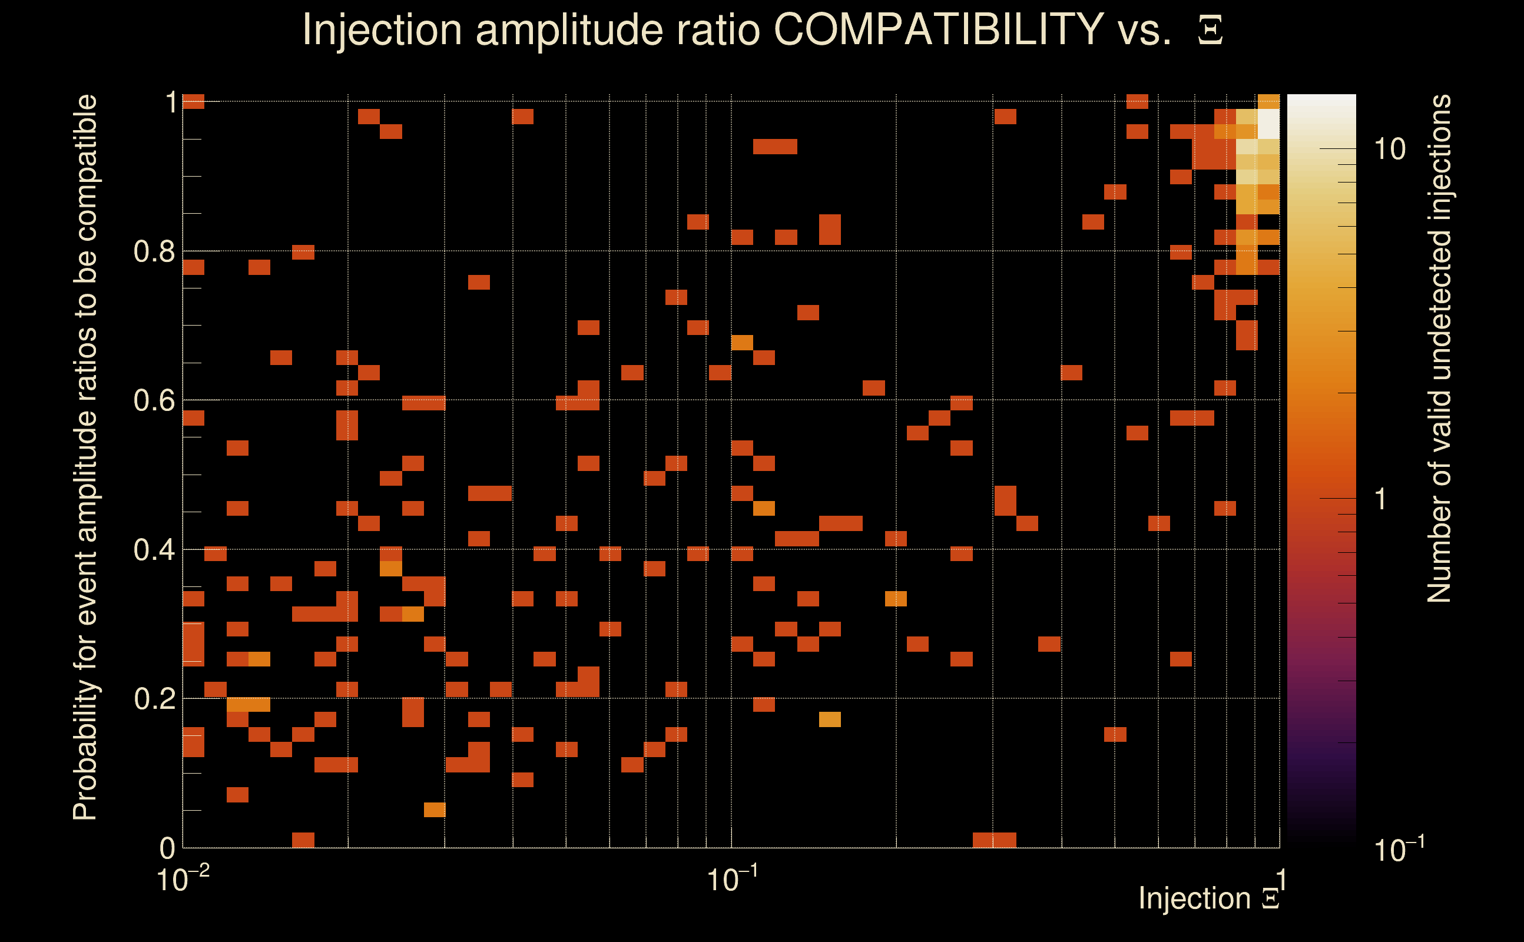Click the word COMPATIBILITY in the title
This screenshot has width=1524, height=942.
pos(938,29)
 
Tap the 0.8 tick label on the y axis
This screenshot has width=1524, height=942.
pos(154,252)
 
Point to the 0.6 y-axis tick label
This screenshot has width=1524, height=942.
pos(154,400)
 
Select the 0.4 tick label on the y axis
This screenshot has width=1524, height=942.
pos(154,550)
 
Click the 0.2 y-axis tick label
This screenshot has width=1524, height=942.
pos(154,699)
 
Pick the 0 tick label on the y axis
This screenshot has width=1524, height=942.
pos(167,848)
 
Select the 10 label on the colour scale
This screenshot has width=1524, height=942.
pos(1389,150)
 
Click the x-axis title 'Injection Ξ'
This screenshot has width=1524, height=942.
pos(1209,898)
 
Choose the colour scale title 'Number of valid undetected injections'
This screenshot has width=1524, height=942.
pos(1439,349)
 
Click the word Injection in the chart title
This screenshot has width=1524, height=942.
pos(382,29)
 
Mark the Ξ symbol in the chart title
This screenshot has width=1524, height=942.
pos(1210,31)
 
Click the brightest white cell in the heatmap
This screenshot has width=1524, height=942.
pos(1268,124)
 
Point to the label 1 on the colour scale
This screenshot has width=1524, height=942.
pos(1381,500)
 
